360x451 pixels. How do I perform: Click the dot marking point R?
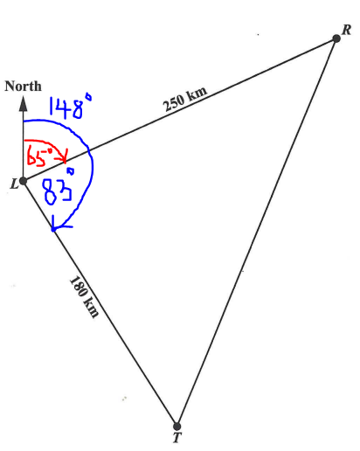click(x=336, y=38)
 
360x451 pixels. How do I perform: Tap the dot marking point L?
click(x=23, y=181)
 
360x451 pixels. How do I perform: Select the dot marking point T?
click(x=177, y=427)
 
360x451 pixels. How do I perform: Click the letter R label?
click(x=346, y=30)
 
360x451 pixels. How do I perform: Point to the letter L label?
click(x=14, y=184)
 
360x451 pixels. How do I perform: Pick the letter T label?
click(x=177, y=438)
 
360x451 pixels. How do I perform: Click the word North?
click(x=23, y=87)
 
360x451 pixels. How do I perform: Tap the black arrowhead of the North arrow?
click(x=23, y=104)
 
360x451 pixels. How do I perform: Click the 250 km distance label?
click(x=185, y=99)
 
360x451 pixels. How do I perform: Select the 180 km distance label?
click(x=85, y=297)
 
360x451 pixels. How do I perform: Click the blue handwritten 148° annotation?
click(x=70, y=107)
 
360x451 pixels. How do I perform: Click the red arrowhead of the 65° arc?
click(x=65, y=156)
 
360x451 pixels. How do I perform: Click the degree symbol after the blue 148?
click(x=88, y=97)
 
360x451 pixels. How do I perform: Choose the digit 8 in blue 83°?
click(x=51, y=191)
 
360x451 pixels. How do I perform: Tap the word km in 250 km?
click(x=197, y=94)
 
